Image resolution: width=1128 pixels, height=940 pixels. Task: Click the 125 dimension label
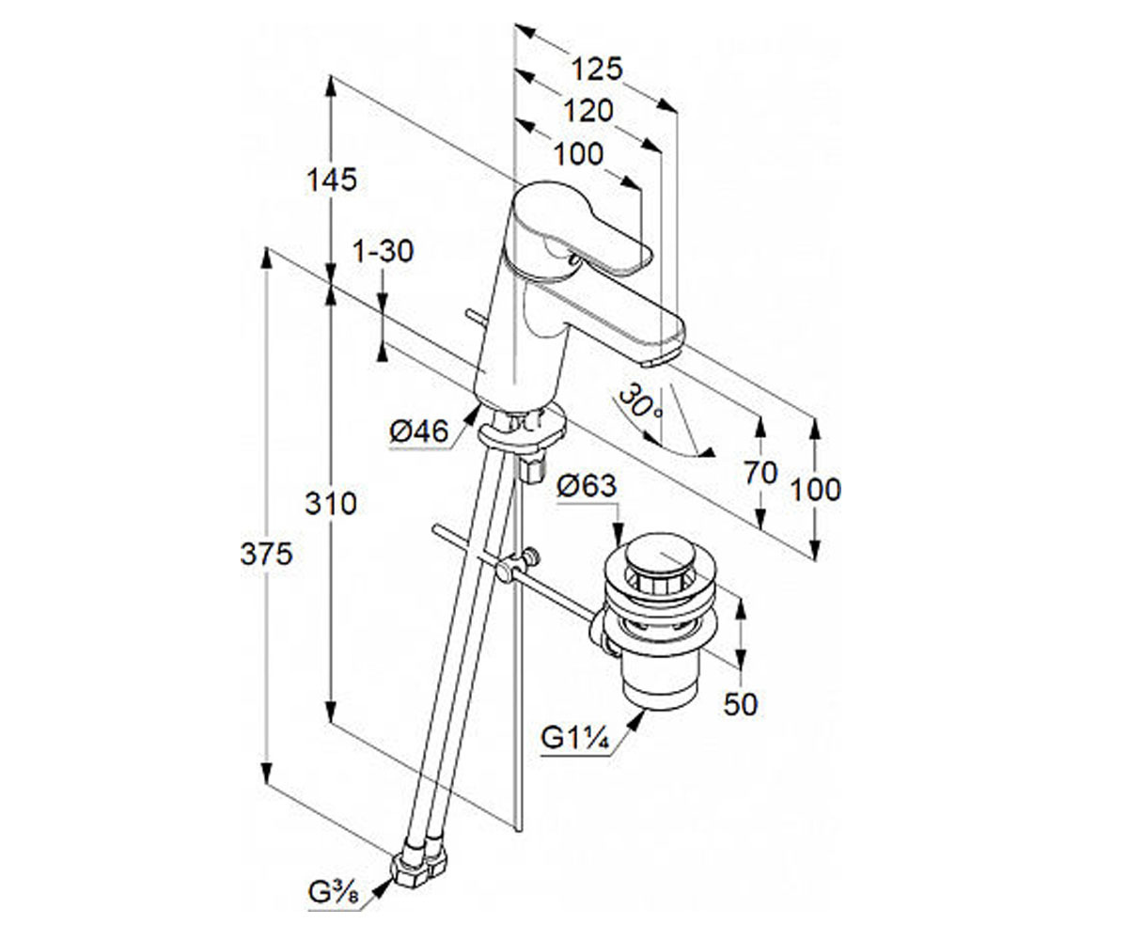[x=596, y=70]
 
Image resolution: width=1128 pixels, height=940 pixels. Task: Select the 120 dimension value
[x=588, y=111]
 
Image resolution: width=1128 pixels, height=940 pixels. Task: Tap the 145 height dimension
[x=331, y=180]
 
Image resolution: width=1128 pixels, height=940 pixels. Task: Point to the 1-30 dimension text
[x=383, y=251]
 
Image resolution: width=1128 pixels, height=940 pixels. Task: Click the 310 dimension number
[x=331, y=504]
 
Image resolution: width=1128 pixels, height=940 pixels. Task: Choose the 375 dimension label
[x=266, y=554]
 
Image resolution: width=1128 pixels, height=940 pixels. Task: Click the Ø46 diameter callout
[x=418, y=431]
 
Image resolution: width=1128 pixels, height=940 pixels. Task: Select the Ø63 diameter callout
[x=587, y=485]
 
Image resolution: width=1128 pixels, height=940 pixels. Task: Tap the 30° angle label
[x=639, y=403]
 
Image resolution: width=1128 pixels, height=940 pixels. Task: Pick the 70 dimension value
[x=760, y=473]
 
